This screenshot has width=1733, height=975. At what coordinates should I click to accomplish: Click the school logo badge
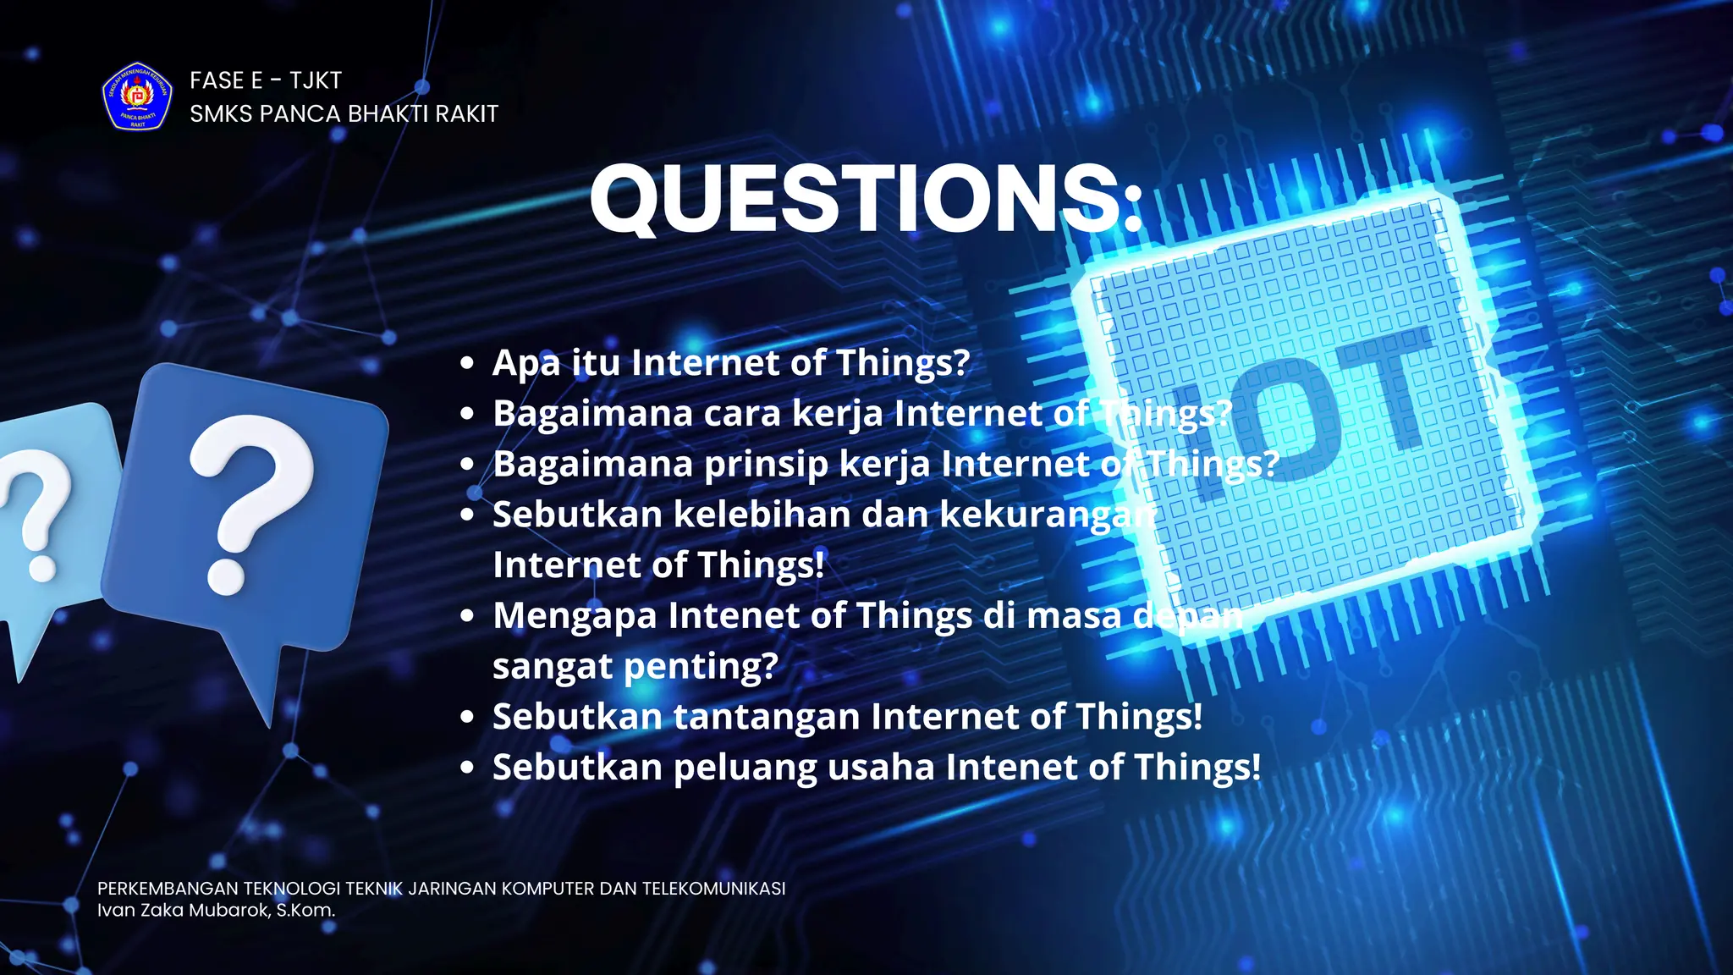pyautogui.click(x=137, y=96)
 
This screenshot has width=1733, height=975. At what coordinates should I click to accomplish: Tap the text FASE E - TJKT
pyautogui.click(x=266, y=80)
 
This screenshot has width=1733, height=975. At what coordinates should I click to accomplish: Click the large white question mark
pyautogui.click(x=250, y=499)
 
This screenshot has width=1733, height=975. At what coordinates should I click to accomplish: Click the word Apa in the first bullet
pyautogui.click(x=526, y=363)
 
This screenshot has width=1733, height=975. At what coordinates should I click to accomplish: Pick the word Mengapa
pyautogui.click(x=575, y=616)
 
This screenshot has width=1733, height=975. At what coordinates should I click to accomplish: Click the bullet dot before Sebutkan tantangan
pyautogui.click(x=467, y=718)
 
